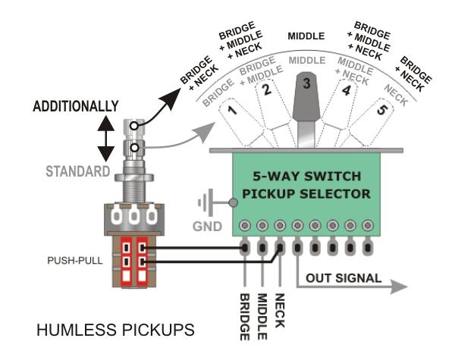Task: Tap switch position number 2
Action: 266,93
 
